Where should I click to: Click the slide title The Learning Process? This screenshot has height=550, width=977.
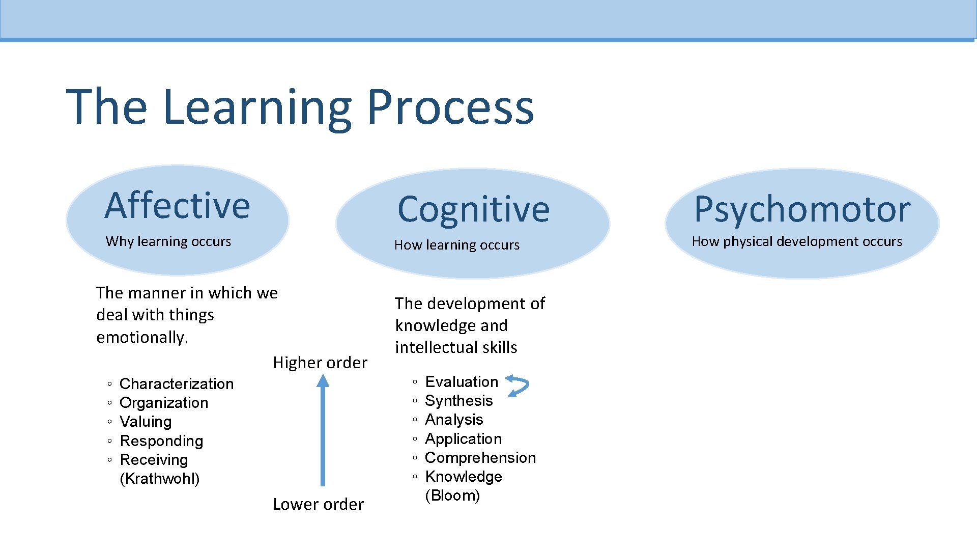(300, 107)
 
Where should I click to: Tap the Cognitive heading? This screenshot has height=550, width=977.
(473, 209)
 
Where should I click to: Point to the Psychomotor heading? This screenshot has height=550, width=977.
(802, 209)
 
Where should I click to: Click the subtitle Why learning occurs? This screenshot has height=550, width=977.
(168, 241)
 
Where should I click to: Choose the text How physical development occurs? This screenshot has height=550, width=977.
(797, 241)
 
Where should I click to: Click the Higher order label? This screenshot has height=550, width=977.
(320, 363)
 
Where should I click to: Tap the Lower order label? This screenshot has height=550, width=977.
(319, 504)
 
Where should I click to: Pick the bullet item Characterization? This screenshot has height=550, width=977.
(177, 383)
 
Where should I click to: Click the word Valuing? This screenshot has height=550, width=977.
(146, 422)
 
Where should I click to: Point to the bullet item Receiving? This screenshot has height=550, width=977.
(154, 460)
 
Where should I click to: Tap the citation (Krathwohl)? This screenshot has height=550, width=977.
(160, 479)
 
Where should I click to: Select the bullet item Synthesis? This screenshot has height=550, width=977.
(458, 401)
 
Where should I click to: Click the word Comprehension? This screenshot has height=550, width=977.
(480, 458)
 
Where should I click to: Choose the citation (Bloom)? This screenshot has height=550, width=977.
(452, 496)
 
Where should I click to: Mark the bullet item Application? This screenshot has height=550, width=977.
(463, 439)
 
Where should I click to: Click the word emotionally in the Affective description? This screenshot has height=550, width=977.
(142, 337)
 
